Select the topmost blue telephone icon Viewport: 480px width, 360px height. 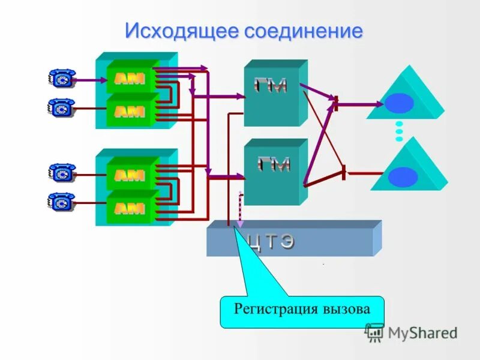[x=61, y=79]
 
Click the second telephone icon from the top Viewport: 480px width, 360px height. [x=61, y=108]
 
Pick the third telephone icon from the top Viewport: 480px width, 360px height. [x=61, y=173]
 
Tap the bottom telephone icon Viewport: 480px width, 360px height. [x=61, y=202]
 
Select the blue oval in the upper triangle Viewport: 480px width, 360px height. [x=400, y=103]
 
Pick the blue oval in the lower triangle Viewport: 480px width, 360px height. [x=403, y=176]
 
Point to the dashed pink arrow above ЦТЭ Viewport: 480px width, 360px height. [x=241, y=210]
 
